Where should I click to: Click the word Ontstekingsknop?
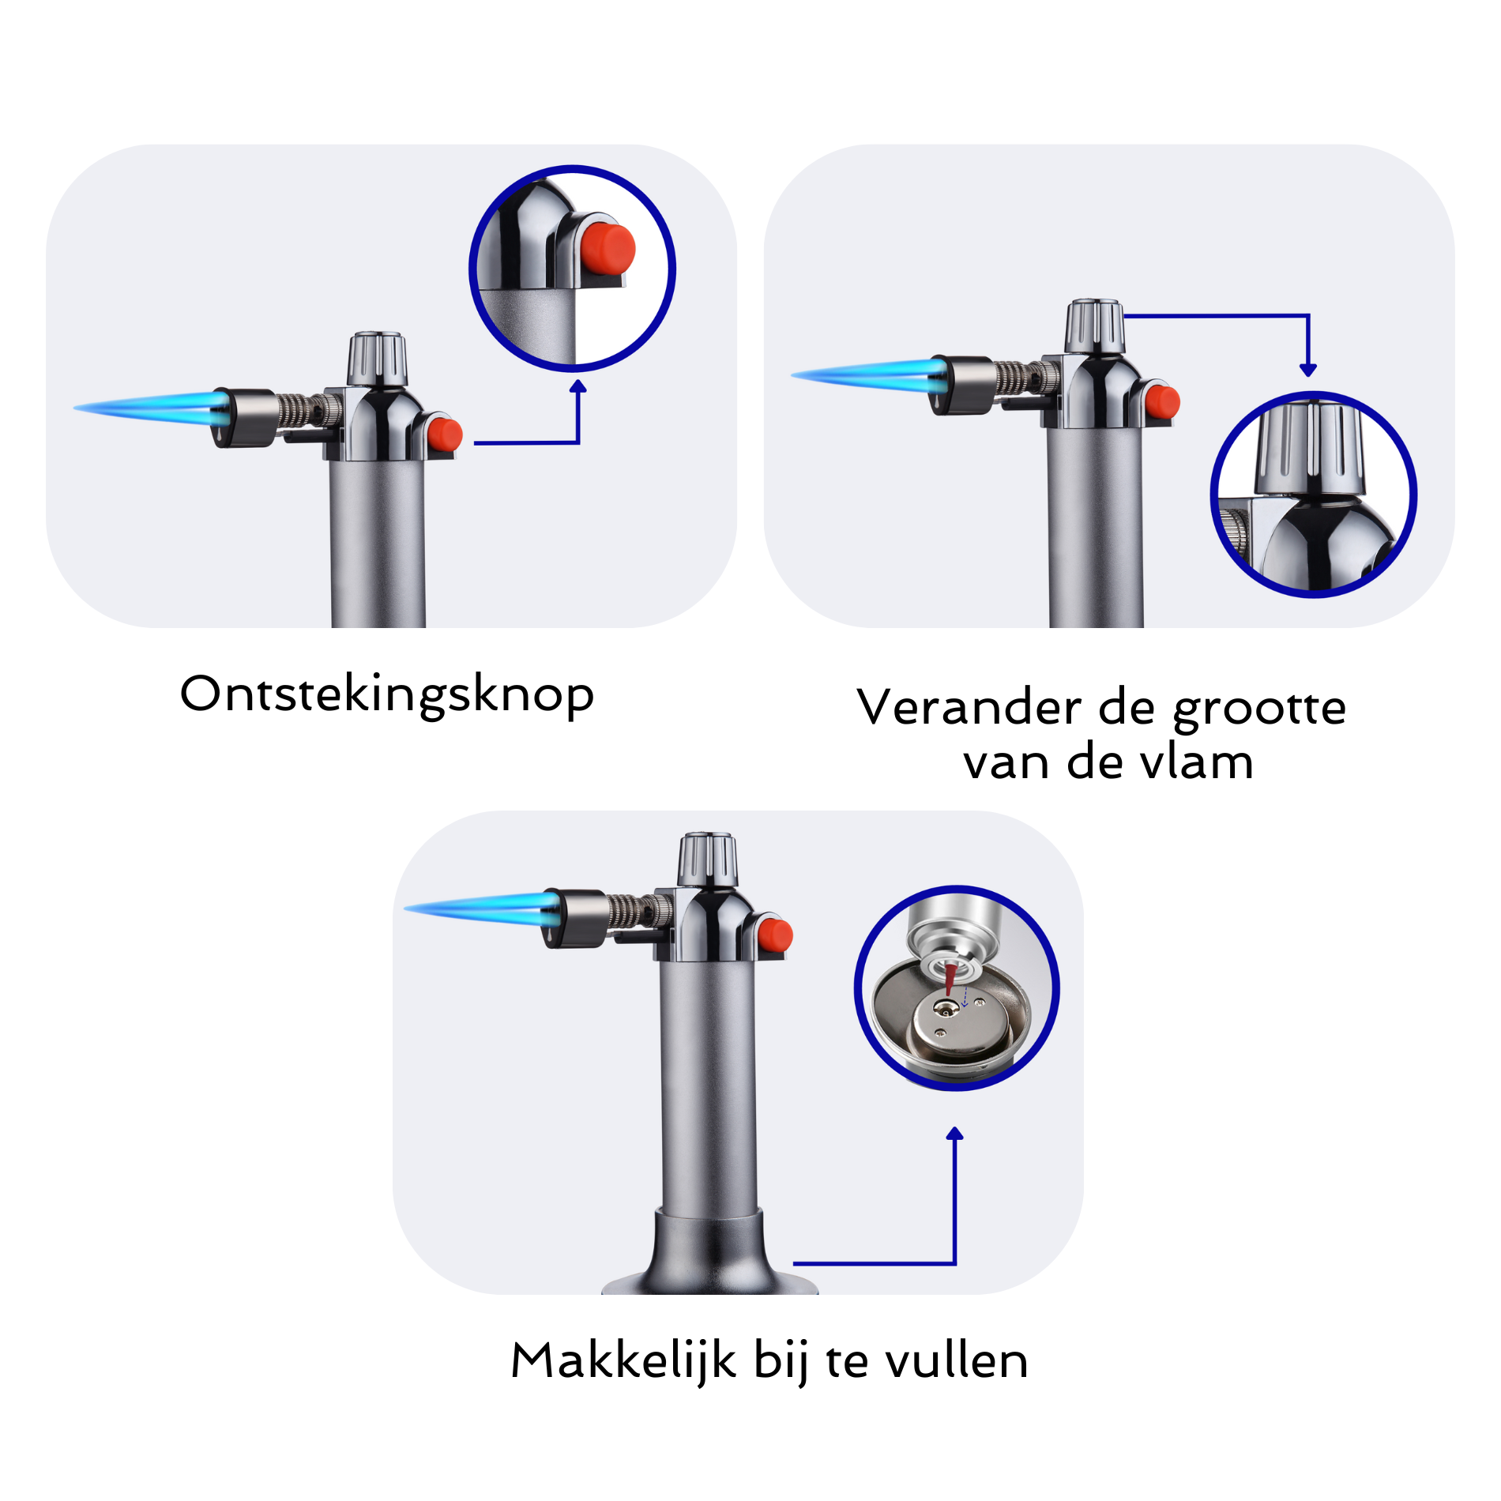tap(387, 695)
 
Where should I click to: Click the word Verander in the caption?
tap(969, 706)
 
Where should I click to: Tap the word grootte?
tap(1259, 709)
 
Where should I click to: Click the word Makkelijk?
tap(623, 1360)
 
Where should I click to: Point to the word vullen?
tap(957, 1360)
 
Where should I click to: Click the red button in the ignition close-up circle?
tap(608, 249)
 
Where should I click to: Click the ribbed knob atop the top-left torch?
tap(378, 359)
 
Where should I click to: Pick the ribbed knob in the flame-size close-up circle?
tap(1311, 447)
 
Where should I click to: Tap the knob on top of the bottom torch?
tap(708, 859)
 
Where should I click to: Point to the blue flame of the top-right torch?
tap(869, 374)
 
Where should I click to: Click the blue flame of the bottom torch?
tap(482, 908)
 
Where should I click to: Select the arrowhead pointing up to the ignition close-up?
tap(578, 386)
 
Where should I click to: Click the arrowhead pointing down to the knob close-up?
tap(1308, 370)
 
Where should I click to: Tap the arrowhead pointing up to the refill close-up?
tap(955, 1134)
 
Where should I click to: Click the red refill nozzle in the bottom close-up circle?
tap(950, 978)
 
